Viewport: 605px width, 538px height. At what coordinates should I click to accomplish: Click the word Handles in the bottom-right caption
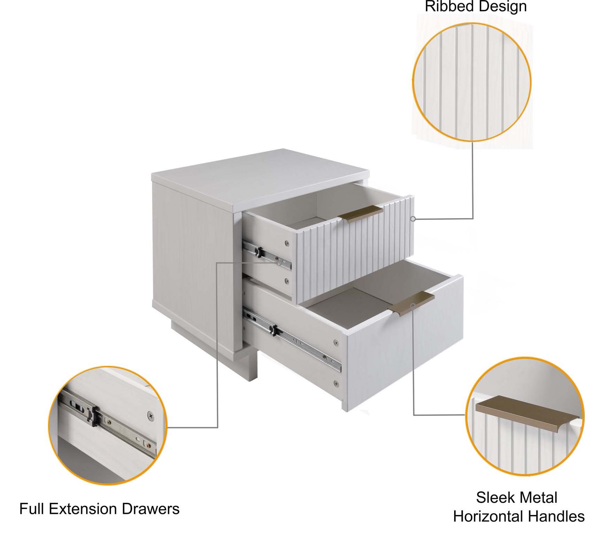[x=556, y=516]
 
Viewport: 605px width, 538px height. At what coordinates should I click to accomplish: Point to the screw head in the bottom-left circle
[x=151, y=415]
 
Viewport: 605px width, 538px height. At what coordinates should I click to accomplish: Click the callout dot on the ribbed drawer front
[x=413, y=219]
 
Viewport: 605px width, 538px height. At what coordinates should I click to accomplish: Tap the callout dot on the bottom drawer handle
[x=413, y=306]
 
